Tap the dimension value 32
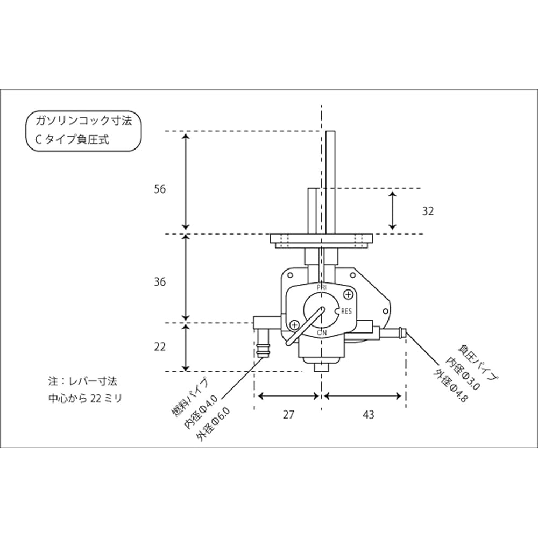(428, 211)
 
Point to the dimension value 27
(289, 415)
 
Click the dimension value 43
(369, 415)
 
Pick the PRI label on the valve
(322, 288)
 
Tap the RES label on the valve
(346, 311)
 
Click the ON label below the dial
(322, 334)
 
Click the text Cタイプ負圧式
(72, 139)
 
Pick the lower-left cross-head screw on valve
(294, 325)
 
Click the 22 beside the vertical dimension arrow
(159, 347)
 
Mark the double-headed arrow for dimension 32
(393, 210)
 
